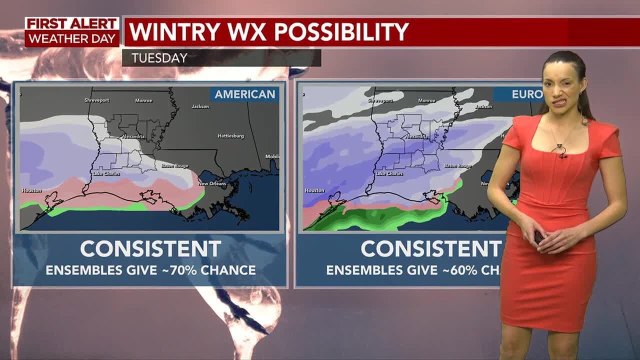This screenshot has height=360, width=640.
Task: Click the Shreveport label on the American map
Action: point(96,100)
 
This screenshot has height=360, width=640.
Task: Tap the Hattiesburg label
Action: point(230,136)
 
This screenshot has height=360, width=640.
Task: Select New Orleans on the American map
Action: point(212,183)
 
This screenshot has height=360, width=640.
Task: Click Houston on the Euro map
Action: point(314,190)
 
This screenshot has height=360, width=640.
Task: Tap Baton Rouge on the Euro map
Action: point(457,165)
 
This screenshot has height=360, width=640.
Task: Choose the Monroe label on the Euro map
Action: point(426,100)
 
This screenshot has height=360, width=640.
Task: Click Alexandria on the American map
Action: point(133,136)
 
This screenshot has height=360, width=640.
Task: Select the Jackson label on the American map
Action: point(200,106)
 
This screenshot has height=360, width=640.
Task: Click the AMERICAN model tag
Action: point(245,94)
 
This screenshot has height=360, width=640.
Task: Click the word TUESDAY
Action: point(159,58)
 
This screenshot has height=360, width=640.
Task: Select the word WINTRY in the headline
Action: point(171,32)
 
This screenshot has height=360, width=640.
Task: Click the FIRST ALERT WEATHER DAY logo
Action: point(72,31)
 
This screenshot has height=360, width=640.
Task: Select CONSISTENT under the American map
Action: point(150,248)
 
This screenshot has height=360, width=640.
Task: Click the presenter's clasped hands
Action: point(545,236)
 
